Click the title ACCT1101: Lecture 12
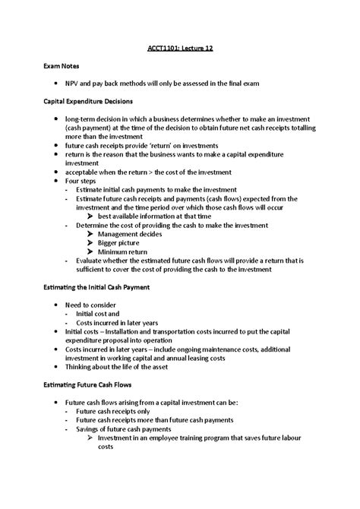click(180, 49)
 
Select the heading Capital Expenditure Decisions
click(91, 101)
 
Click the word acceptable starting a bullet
click(82, 171)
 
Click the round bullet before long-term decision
click(57, 119)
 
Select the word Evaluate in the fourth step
click(91, 260)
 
